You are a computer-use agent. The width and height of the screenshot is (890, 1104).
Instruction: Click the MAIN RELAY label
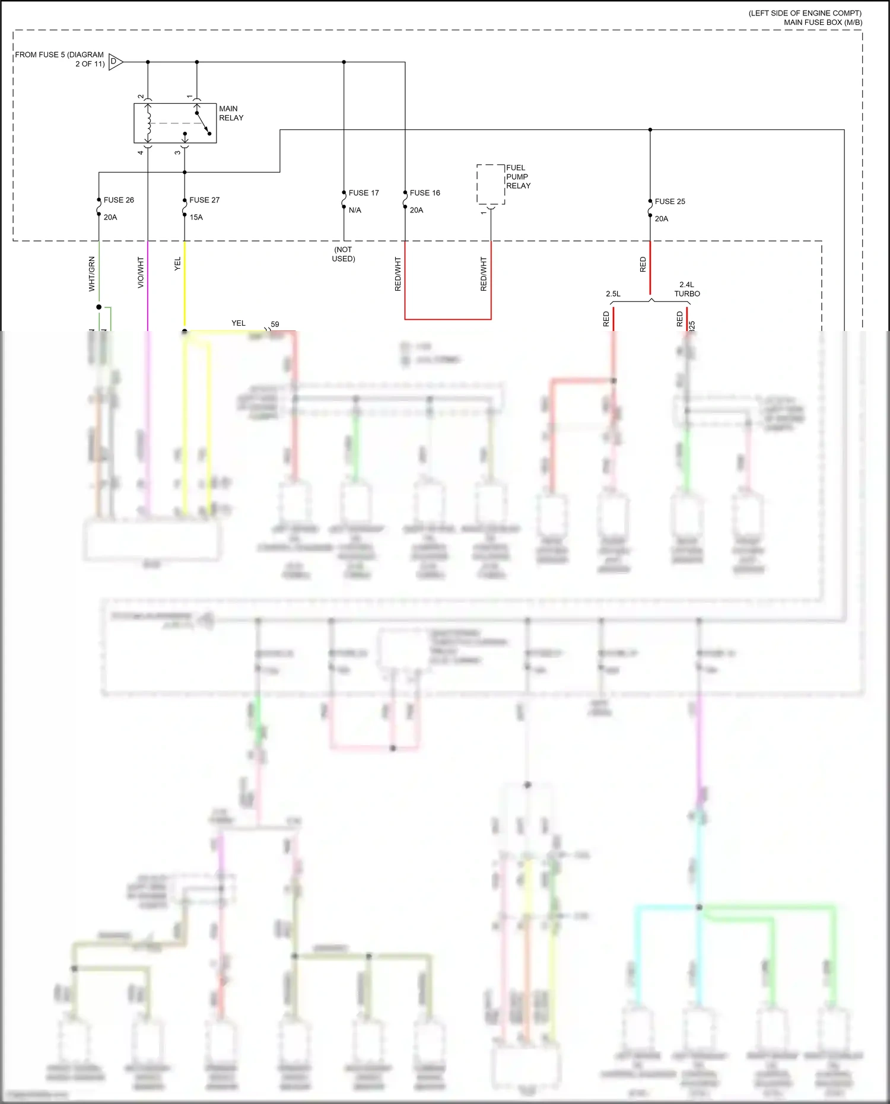pos(231,113)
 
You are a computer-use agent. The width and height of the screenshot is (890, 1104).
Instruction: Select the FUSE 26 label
pos(119,200)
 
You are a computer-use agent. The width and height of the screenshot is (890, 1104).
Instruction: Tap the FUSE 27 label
pos(204,200)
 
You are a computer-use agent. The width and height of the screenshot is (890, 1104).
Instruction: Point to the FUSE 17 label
pos(363,193)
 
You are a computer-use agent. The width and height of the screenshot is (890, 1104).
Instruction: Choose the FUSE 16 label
pos(425,193)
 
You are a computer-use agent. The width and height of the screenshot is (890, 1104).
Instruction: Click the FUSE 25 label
pos(670,202)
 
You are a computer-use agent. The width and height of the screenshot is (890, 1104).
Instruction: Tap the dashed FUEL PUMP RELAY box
pos(491,184)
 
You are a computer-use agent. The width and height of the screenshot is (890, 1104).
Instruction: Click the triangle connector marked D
pos(115,62)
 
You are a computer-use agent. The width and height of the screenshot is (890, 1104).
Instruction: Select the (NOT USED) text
pos(344,254)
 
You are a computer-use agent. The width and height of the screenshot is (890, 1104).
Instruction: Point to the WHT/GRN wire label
pos(92,273)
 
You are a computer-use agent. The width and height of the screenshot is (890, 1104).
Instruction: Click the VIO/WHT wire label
pos(141,272)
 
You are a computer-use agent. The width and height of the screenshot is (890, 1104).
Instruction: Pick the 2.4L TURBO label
pos(687,289)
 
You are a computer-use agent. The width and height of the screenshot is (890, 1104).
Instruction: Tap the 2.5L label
pos(613,294)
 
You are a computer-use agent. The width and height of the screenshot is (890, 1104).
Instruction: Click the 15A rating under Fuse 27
pos(196,217)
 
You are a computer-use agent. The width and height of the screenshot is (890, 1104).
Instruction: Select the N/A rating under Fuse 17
pos(355,210)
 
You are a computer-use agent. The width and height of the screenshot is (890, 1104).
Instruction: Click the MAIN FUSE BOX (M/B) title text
pos(822,23)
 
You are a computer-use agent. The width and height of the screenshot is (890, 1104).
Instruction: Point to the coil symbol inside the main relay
pos(149,123)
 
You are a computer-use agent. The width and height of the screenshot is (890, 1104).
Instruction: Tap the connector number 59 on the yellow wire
pos(275,324)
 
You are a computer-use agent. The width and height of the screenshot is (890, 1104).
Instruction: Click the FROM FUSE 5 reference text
pos(59,59)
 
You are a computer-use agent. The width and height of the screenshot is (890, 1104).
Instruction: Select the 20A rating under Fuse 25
pos(661,219)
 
